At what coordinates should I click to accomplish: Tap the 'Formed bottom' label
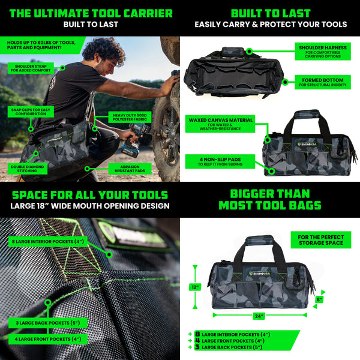pos(322,82)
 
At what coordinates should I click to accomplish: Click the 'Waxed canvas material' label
pos(220,124)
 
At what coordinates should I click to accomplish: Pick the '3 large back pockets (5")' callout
pos(48,323)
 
